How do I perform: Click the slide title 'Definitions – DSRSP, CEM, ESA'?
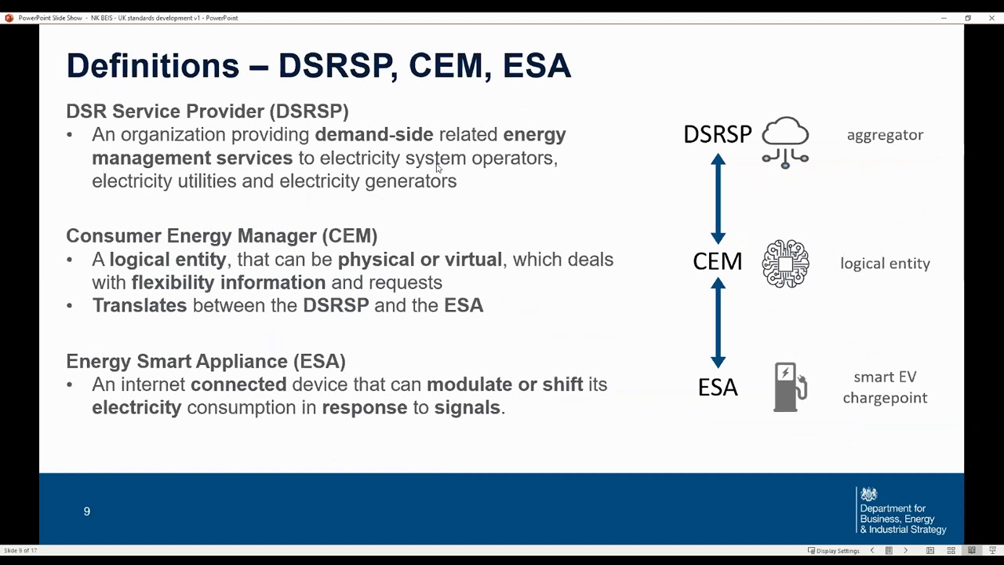(x=318, y=65)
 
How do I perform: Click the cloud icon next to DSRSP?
(x=785, y=141)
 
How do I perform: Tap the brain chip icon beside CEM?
(x=785, y=264)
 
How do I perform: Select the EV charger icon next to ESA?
(x=789, y=387)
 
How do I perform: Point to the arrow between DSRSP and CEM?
(x=718, y=199)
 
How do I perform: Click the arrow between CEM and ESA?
(x=718, y=323)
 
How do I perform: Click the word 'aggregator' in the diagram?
(x=885, y=135)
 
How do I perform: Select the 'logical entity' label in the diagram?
(x=885, y=264)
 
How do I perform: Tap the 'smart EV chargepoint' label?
(x=885, y=387)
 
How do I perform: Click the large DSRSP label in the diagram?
(x=717, y=134)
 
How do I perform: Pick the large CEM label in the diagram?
(x=717, y=261)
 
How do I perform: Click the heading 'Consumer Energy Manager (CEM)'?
(x=221, y=235)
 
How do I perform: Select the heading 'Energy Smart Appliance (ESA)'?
(x=206, y=361)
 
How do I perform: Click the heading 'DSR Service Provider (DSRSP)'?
(x=207, y=111)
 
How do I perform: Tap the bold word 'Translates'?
(x=140, y=305)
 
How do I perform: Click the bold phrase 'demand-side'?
(x=373, y=135)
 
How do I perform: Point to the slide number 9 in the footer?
(x=87, y=512)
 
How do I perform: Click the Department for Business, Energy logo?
(x=902, y=511)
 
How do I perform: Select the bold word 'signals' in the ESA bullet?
(x=467, y=407)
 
